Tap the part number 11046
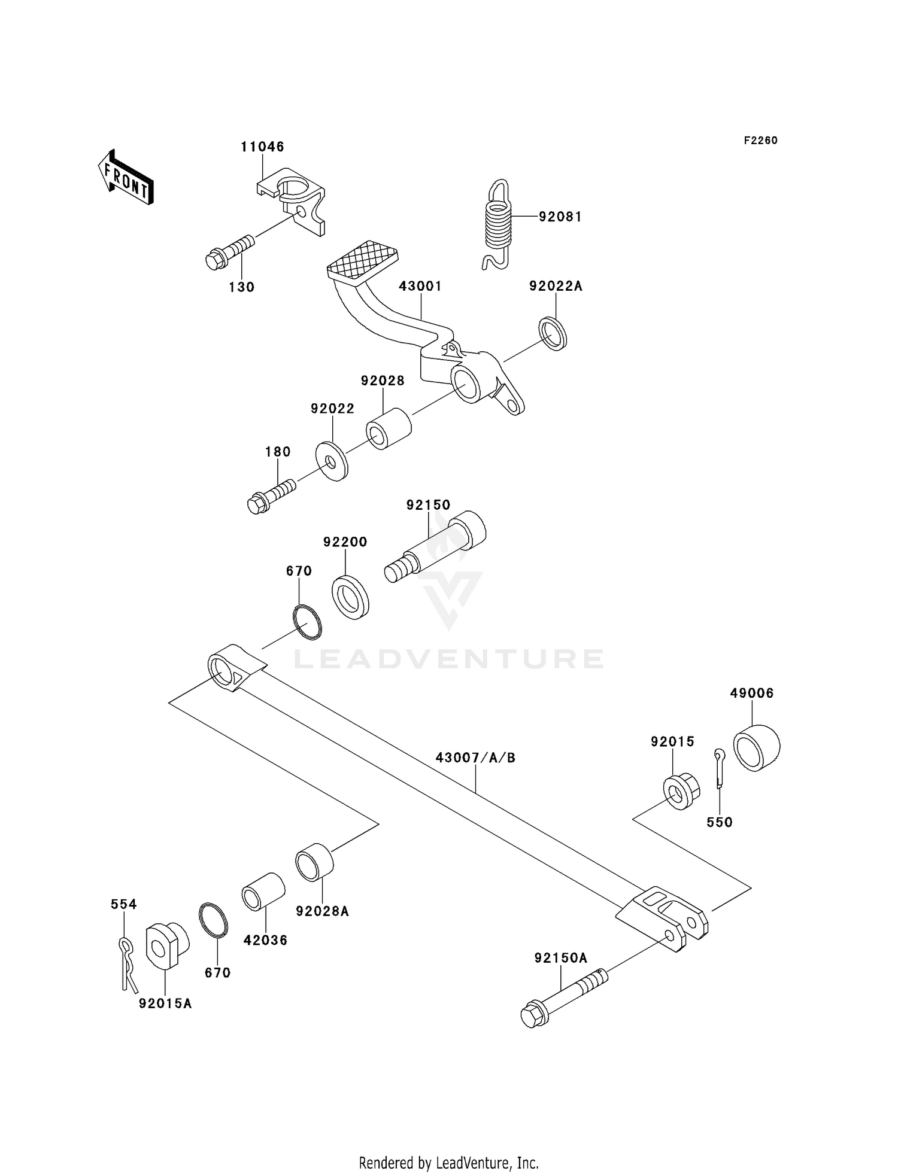click(262, 147)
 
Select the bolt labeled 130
click(229, 253)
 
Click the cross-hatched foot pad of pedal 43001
click(363, 261)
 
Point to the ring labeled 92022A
click(553, 334)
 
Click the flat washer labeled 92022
click(332, 461)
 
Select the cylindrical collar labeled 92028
click(389, 428)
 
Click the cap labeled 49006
click(756, 747)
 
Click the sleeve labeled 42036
click(263, 891)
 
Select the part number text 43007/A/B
click(475, 758)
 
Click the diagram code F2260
click(760, 141)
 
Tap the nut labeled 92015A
click(166, 946)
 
